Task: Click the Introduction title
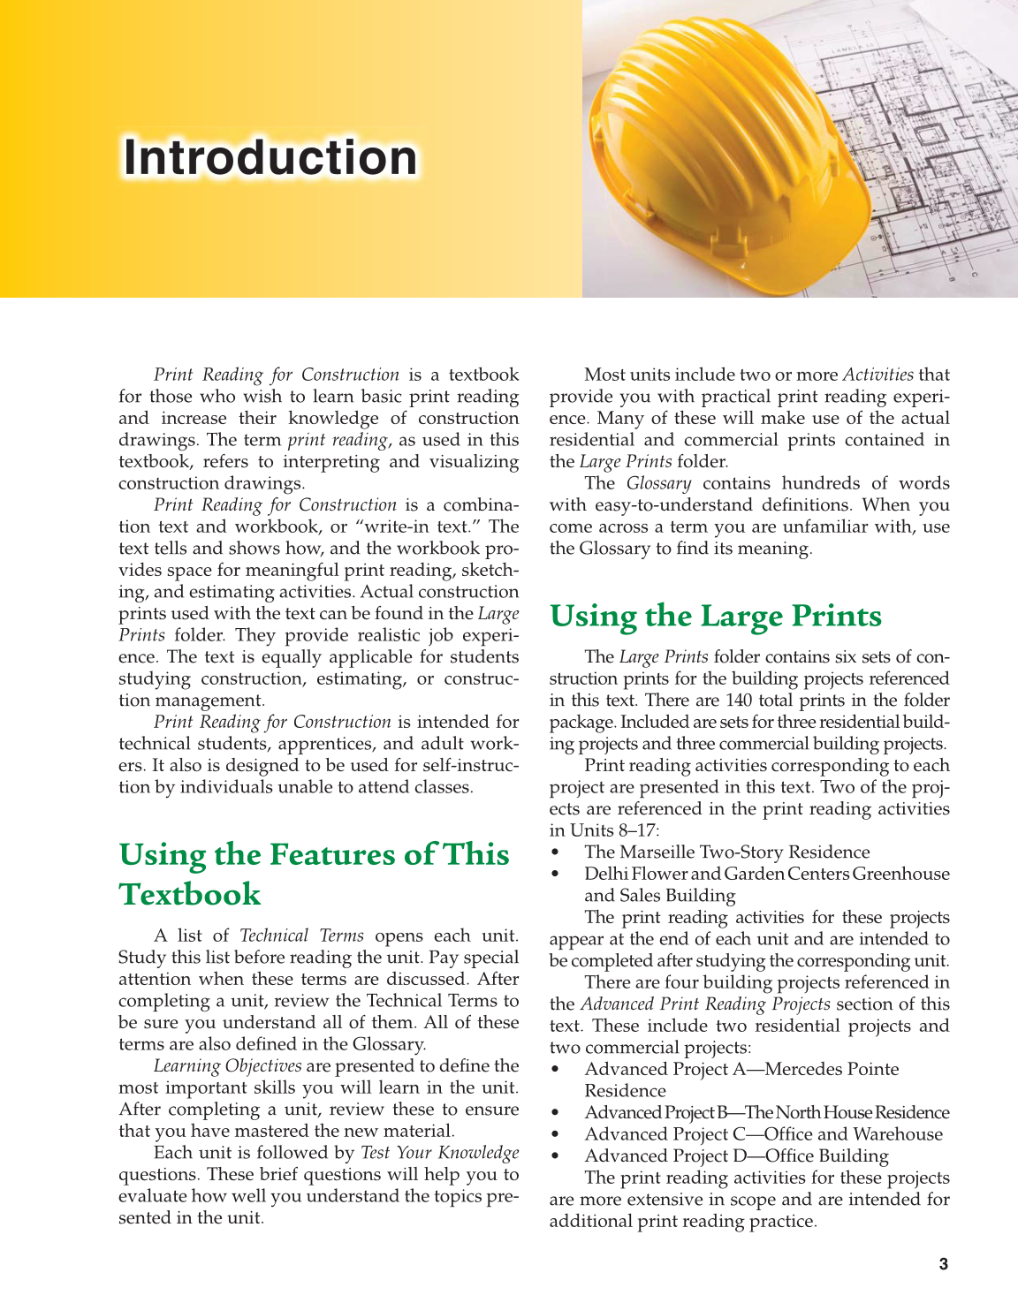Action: (x=270, y=158)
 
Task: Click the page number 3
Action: (x=943, y=1264)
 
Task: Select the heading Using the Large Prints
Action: (x=715, y=616)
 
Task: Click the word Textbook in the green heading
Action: (x=190, y=894)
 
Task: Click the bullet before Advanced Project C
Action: (x=555, y=1135)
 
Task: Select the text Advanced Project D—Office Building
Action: (x=736, y=1156)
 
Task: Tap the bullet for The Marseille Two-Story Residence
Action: (x=555, y=852)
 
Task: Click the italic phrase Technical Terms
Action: (x=301, y=936)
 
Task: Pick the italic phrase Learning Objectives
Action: (x=227, y=1066)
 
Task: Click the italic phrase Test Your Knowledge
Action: (x=439, y=1153)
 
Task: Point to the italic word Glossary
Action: (x=658, y=483)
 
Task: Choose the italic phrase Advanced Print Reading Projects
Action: (x=704, y=1004)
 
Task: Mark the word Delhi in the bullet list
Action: (x=604, y=874)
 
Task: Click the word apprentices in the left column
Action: (x=330, y=744)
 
